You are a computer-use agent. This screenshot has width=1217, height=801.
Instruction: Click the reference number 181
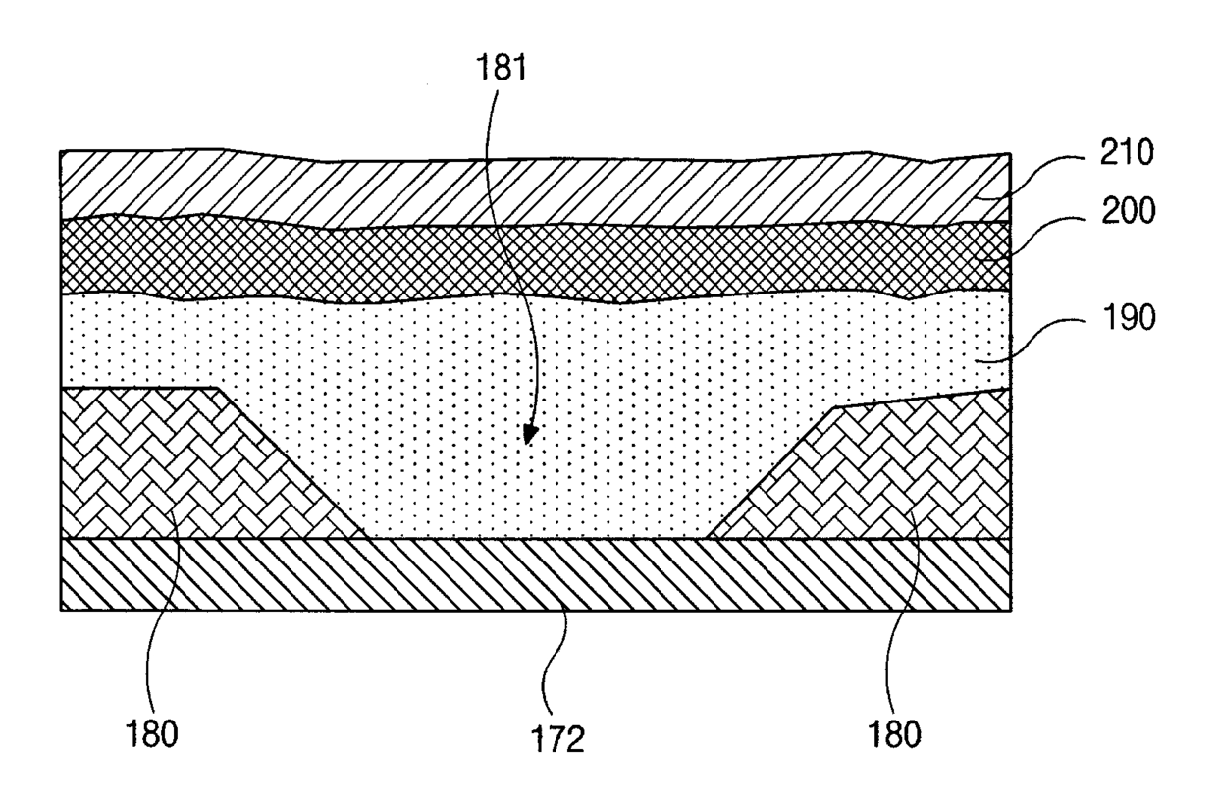coord(502,69)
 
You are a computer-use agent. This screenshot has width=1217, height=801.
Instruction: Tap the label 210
coord(1127,153)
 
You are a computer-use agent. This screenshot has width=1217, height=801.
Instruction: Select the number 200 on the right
coord(1128,211)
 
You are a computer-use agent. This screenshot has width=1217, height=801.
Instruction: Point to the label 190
coord(1128,318)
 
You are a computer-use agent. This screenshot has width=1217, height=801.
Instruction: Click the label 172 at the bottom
coord(557,739)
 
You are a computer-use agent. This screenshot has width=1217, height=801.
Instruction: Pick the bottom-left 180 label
coord(151,733)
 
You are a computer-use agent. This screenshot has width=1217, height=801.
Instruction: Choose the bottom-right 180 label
coord(895,734)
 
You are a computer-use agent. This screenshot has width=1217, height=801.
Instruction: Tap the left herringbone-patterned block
coord(190,463)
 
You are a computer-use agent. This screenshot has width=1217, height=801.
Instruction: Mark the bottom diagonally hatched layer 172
coord(535,574)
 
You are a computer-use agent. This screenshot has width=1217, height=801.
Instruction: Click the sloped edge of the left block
coord(293,463)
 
